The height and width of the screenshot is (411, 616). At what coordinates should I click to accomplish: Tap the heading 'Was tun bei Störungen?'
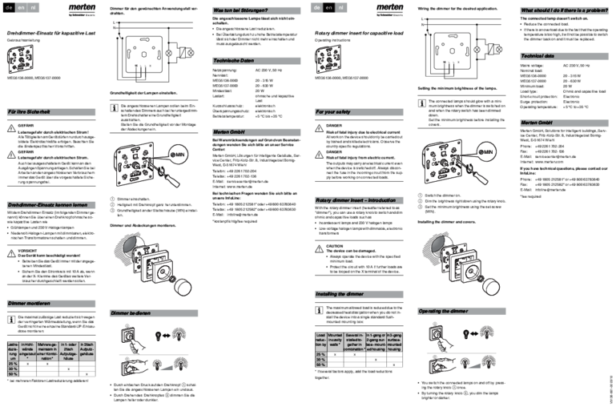pyautogui.click(x=240, y=10)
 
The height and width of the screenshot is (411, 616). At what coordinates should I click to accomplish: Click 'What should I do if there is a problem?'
pyautogui.click(x=564, y=10)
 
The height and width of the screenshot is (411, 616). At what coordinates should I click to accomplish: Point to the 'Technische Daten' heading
pyautogui.click(x=233, y=61)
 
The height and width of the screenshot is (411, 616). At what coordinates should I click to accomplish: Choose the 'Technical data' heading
pyautogui.click(x=538, y=57)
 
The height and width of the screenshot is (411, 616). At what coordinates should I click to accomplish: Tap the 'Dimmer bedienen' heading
pyautogui.click(x=130, y=312)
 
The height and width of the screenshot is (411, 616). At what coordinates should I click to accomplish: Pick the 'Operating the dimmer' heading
pyautogui.click(x=443, y=310)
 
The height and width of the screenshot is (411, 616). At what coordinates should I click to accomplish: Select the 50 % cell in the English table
pyautogui.click(x=320, y=365)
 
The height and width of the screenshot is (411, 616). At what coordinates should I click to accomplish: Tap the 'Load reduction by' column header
pyautogui.click(x=320, y=340)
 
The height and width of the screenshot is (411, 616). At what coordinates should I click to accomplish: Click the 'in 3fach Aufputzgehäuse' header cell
pyautogui.click(x=88, y=349)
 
